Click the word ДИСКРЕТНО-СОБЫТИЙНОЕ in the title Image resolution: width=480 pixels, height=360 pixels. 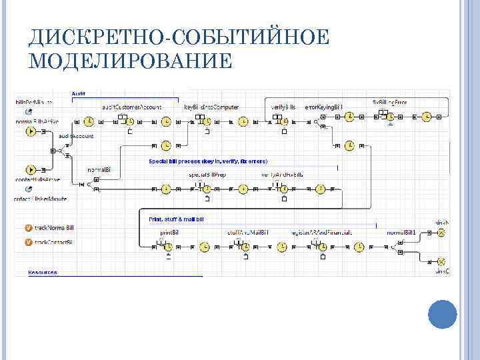(x=179, y=37)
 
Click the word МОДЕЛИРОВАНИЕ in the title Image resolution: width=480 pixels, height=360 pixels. (x=131, y=62)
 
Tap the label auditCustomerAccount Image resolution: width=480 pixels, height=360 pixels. (x=132, y=107)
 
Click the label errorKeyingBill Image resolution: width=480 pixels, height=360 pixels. (x=323, y=107)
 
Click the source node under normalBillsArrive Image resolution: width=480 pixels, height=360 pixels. (x=31, y=131)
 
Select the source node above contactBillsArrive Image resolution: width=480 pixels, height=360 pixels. (x=31, y=169)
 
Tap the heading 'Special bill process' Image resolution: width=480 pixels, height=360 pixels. (x=208, y=161)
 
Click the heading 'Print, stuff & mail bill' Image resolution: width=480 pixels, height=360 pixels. (x=176, y=219)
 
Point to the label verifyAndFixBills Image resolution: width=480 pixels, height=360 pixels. (x=282, y=175)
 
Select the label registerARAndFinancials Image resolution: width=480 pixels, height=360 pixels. (x=321, y=232)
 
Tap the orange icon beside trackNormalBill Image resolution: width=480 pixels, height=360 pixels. (x=28, y=228)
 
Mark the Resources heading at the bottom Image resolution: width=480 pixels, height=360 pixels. (x=43, y=272)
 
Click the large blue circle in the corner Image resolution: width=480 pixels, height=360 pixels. (x=441, y=315)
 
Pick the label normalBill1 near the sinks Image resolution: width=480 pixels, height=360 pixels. (x=401, y=232)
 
